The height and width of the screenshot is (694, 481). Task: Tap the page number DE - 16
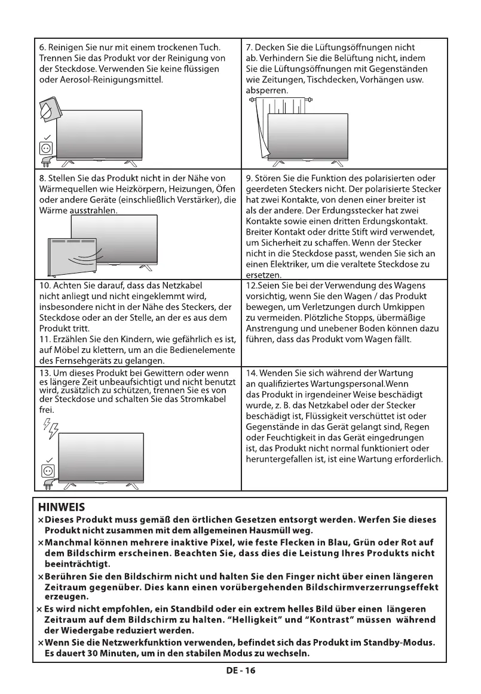[240, 670]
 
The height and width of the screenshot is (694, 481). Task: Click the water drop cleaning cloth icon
[48, 111]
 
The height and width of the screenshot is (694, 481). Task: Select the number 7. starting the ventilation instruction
[249, 47]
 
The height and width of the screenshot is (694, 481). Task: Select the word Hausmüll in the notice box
[262, 530]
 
